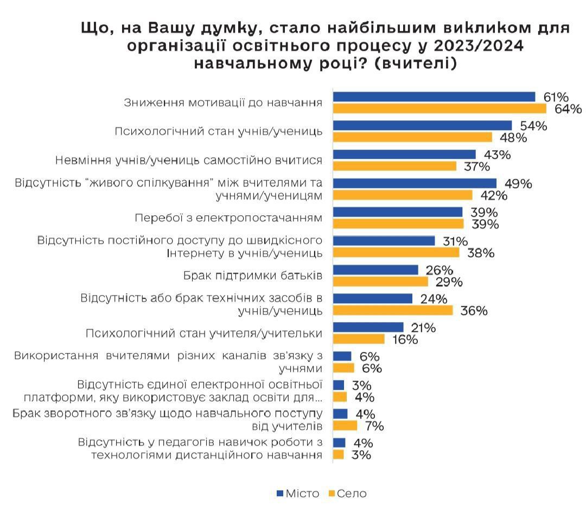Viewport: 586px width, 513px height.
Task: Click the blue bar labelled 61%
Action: (x=434, y=97)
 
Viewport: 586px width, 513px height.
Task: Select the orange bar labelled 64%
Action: (x=439, y=108)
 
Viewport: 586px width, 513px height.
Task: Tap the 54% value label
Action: (x=533, y=126)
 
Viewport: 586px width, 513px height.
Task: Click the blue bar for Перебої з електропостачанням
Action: (x=398, y=212)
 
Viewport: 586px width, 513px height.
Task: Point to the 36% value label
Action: (x=474, y=311)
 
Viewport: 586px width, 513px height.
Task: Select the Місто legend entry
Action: (x=298, y=493)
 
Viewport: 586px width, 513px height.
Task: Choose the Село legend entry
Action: (x=347, y=493)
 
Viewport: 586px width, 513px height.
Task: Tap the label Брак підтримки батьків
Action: (x=253, y=275)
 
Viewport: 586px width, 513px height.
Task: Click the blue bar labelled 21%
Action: (x=368, y=328)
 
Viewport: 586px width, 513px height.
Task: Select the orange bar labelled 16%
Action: (x=359, y=339)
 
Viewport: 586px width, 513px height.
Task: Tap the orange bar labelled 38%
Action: (x=396, y=253)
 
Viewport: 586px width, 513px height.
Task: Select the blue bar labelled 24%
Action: (x=373, y=299)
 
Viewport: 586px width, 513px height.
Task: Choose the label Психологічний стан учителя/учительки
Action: (x=205, y=333)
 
